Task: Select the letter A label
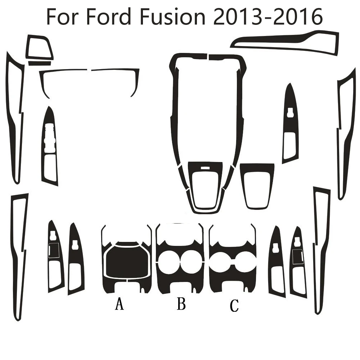tap(119, 305)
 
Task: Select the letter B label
tap(181, 304)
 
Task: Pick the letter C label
tap(234, 306)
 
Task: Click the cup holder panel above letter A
tap(126, 259)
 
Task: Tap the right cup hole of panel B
tap(191, 261)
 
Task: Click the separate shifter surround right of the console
tap(257, 185)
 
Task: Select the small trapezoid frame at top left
tap(39, 48)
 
